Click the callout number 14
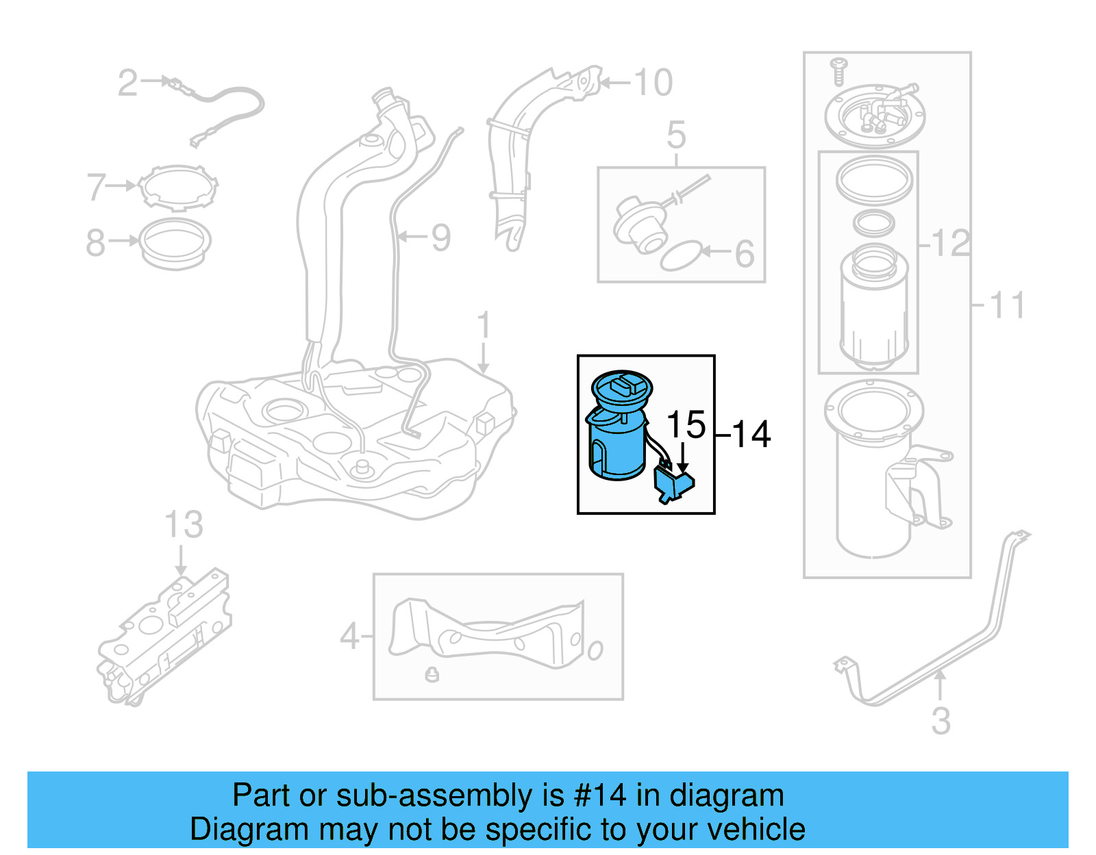point(751,435)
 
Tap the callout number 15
point(685,424)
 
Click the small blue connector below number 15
point(674,485)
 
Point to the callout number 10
point(653,83)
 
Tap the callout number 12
point(951,243)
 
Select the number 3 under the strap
point(941,721)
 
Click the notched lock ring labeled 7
point(178,186)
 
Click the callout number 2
point(127,83)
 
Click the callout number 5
point(675,135)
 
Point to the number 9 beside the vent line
point(440,238)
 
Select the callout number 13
point(184,525)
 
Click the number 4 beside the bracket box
point(349,636)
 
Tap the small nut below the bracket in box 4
point(432,674)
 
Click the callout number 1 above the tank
point(484,324)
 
